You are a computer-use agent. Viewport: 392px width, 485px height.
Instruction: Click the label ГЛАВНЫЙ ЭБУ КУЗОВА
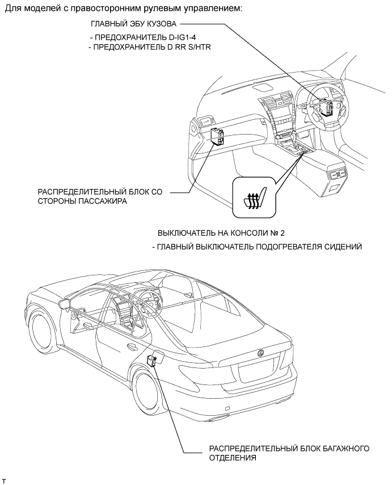134,26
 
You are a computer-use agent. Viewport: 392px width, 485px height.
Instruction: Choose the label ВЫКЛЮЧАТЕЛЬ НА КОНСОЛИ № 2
220,233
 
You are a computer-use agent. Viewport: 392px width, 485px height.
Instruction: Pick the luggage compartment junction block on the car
152,361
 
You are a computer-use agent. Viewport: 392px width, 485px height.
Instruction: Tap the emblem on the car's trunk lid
261,353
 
